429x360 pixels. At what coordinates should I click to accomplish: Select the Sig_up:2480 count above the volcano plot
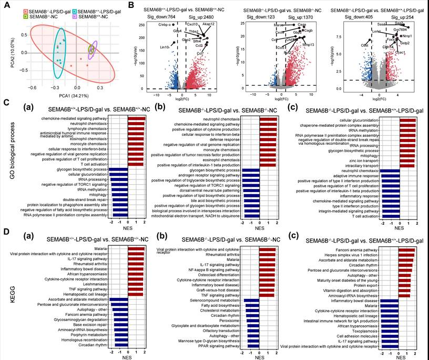coord(195,17)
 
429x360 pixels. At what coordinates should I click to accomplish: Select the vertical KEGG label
coord(6,295)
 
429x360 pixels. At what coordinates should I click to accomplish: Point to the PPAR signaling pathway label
coord(219,346)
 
